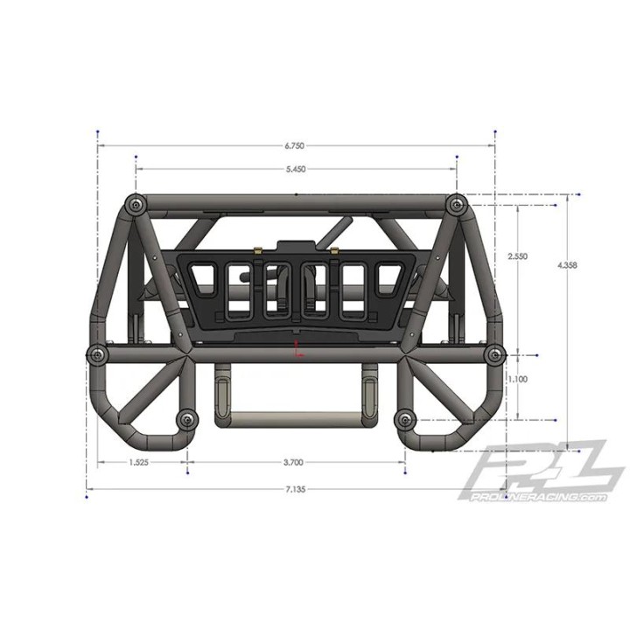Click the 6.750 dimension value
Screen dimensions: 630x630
294,146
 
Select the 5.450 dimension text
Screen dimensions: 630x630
295,170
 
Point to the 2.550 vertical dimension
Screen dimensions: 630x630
517,256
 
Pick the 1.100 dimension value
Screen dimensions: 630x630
517,381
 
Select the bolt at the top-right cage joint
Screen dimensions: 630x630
455,203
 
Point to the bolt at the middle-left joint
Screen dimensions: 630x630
95,353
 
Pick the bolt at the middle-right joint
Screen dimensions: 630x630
494,353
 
